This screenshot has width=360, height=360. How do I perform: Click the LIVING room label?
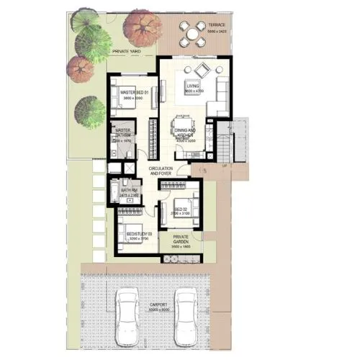[x=194, y=86]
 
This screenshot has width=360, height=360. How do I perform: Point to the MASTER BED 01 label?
[x=134, y=92]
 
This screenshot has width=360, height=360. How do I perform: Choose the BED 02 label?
[x=180, y=210]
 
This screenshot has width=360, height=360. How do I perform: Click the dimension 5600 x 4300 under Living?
[x=195, y=91]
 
